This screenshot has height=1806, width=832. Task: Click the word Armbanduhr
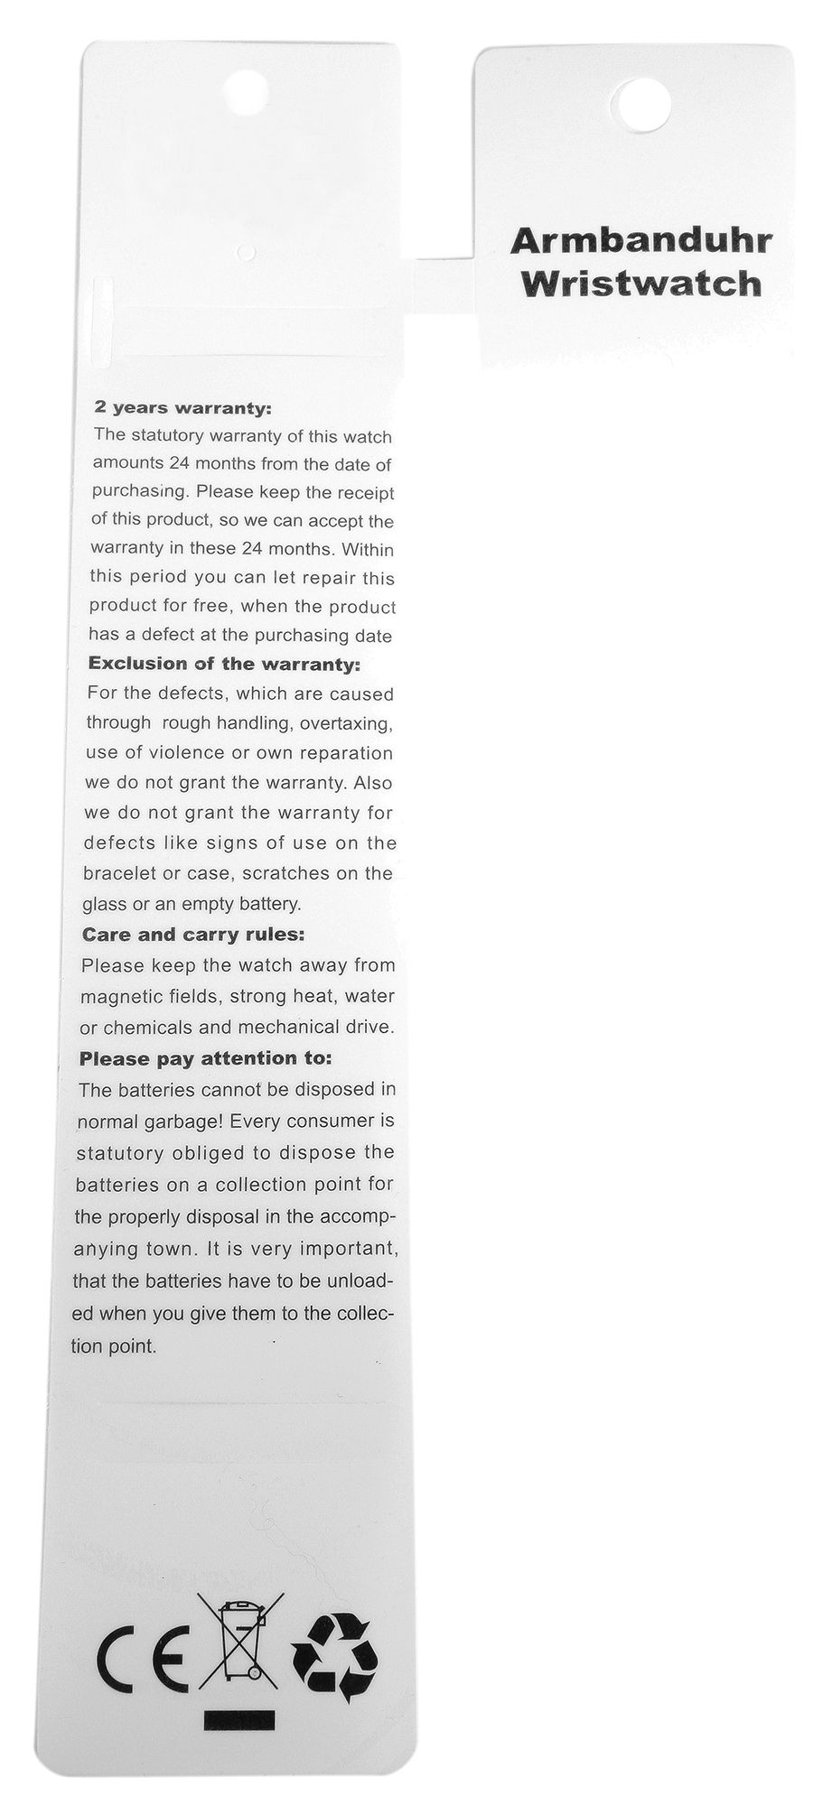(x=640, y=242)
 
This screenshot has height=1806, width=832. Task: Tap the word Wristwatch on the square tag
(x=641, y=284)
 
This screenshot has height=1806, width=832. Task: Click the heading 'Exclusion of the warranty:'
(x=223, y=665)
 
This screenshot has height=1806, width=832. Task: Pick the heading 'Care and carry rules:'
(x=193, y=934)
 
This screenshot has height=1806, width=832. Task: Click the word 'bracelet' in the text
(x=117, y=873)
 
